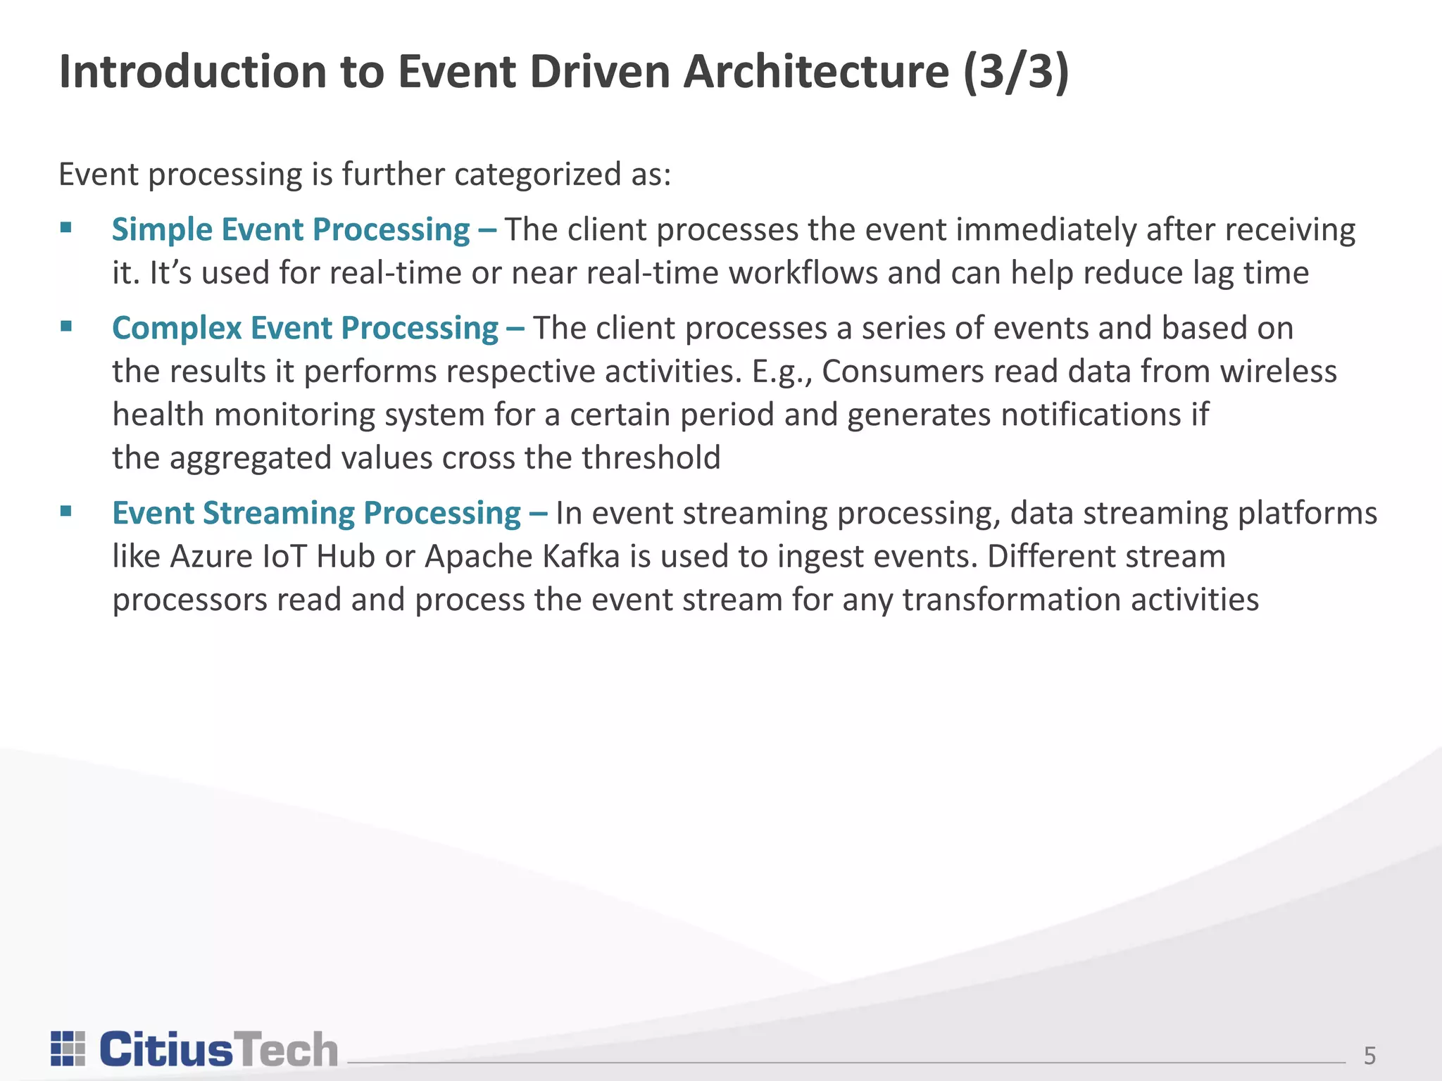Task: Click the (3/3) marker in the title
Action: tap(1015, 72)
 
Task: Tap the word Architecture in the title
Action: tap(816, 72)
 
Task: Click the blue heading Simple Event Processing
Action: tap(290, 230)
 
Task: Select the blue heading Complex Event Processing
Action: tap(305, 329)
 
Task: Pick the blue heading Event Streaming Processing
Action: tap(316, 513)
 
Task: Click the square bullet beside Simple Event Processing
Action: tap(66, 227)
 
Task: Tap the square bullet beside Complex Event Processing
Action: tap(66, 326)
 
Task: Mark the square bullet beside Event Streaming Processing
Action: tap(66, 511)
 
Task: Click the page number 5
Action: tap(1369, 1056)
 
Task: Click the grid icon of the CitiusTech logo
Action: tap(68, 1049)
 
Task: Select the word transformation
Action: tap(1012, 600)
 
